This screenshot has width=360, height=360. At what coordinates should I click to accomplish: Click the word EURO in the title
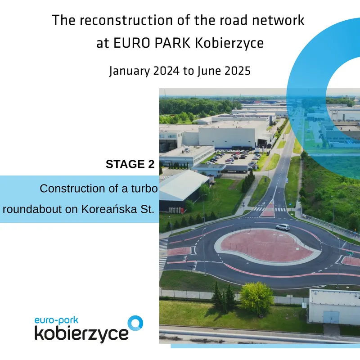131,43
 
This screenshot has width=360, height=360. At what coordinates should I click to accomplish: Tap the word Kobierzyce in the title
229,43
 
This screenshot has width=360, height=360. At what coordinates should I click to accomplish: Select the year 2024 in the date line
166,71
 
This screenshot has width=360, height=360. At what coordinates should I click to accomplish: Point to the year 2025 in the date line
237,71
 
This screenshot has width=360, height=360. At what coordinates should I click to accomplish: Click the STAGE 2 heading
130,164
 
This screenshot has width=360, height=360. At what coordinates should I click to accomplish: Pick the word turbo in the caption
144,189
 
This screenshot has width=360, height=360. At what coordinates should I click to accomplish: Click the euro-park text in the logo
57,320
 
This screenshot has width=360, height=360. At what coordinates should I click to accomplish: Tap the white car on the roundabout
283,227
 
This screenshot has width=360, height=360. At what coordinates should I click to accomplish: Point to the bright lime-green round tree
256,297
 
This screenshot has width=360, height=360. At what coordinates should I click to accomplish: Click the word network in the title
278,20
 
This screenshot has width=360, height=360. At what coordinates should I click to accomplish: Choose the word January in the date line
130,71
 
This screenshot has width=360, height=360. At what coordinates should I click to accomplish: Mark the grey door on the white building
331,318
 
